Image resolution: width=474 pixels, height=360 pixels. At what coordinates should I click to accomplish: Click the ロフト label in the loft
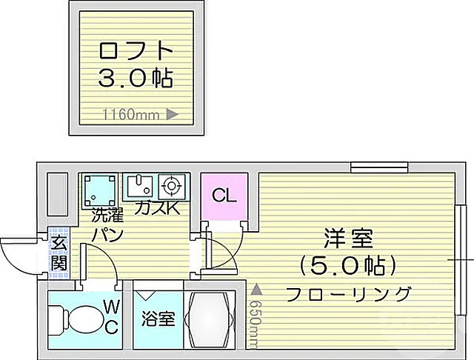pyautogui.click(x=136, y=51)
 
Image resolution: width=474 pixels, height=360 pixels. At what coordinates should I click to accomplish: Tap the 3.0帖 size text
pyautogui.click(x=136, y=79)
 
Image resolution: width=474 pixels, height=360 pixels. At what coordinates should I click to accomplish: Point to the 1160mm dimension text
pyautogui.click(x=131, y=115)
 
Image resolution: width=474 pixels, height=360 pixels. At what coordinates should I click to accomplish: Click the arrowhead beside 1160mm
pyautogui.click(x=173, y=115)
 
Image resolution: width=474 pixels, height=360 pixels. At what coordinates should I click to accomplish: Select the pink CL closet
pyautogui.click(x=224, y=196)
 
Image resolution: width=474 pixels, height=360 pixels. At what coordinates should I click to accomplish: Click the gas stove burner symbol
pyautogui.click(x=171, y=185)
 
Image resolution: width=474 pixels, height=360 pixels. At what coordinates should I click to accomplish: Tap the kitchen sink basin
pyautogui.click(x=139, y=186)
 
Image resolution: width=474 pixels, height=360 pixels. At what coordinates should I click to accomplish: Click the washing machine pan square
pyautogui.click(x=100, y=190)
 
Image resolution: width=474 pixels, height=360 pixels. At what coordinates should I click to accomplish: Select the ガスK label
pyautogui.click(x=157, y=208)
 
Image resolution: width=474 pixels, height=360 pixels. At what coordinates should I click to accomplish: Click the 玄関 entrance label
pyautogui.click(x=59, y=253)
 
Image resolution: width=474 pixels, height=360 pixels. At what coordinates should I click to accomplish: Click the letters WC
pyautogui.click(x=112, y=316)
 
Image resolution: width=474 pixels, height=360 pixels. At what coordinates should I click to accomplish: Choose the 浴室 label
pyautogui.click(x=158, y=319)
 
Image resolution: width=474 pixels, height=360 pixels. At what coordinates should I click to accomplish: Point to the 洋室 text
pyautogui.click(x=349, y=239)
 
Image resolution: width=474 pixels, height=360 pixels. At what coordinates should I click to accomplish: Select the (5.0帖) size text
pyautogui.click(x=349, y=266)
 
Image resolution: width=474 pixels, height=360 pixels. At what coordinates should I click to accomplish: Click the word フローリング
pyautogui.click(x=349, y=294)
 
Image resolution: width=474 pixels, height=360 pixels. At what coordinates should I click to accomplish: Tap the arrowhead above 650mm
pyautogui.click(x=256, y=290)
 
